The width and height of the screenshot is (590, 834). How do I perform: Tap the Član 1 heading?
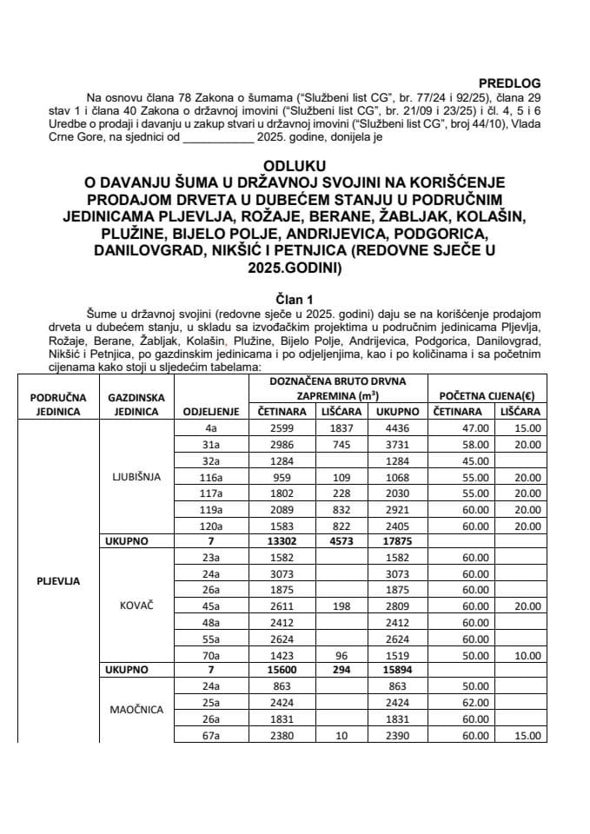pos(295,295)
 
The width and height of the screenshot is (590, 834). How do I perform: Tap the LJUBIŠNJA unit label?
pos(136,477)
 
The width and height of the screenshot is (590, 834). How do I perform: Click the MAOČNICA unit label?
pos(136,709)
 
